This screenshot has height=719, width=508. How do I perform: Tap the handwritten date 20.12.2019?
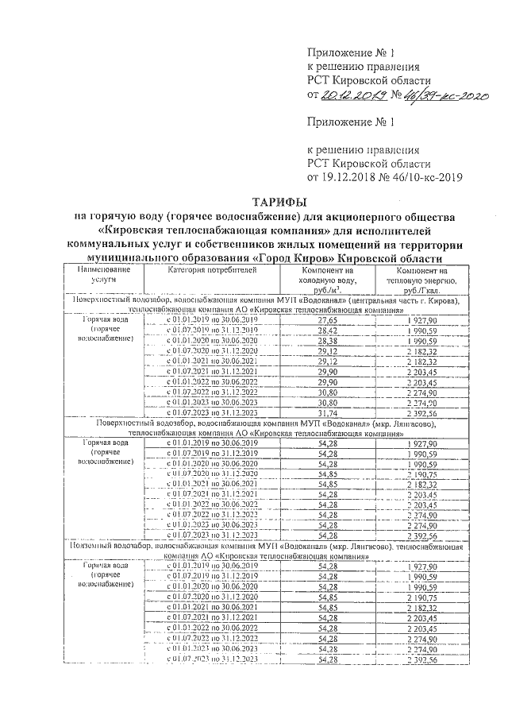point(352,95)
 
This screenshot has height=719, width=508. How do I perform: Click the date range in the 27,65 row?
point(212,319)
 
